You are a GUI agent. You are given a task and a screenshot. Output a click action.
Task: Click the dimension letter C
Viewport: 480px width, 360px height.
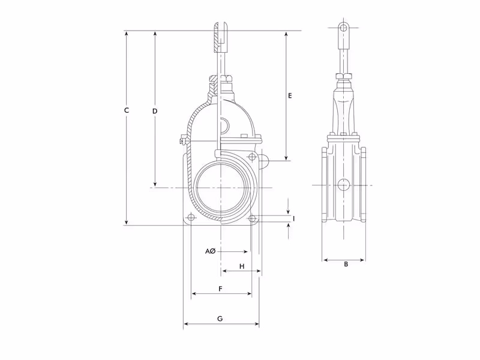[126, 110]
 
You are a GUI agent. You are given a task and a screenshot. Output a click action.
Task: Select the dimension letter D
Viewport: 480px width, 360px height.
[154, 112]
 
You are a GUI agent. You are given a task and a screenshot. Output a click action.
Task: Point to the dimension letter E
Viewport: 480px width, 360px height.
[290, 95]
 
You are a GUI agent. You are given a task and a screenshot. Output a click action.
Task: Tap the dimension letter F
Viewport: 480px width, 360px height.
[220, 289]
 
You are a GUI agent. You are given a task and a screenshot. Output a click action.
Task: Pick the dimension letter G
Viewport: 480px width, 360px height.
[220, 319]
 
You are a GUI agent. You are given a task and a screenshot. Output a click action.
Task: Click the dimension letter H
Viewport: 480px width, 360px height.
[242, 266]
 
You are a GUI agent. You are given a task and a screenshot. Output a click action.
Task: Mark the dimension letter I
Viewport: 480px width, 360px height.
[293, 218]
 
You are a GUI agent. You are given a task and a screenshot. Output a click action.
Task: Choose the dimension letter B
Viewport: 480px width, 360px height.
[346, 264]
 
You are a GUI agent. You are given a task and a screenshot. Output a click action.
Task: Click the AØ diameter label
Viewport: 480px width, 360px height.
[210, 251]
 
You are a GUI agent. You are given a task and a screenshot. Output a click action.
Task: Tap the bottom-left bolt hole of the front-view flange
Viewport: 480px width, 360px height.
[191, 217]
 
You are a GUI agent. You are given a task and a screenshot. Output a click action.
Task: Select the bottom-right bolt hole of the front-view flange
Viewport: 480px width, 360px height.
[252, 217]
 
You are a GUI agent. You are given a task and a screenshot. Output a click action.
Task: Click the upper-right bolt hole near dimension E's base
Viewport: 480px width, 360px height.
[253, 157]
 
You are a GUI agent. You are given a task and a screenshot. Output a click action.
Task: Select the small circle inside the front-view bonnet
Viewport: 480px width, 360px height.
[223, 125]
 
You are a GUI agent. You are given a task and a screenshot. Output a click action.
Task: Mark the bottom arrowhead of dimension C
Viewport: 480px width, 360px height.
[127, 223]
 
